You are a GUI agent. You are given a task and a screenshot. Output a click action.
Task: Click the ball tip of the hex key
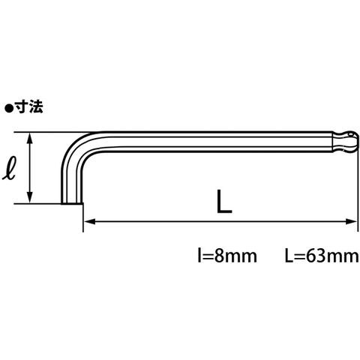347,142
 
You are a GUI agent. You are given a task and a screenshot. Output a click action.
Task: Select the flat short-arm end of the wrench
72,204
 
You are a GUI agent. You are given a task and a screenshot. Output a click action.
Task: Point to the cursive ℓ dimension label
10,169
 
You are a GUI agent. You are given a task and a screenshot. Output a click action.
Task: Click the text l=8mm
227,256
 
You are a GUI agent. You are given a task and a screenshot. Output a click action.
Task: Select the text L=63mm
322,256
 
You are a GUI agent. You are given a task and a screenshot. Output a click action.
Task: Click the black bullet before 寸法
9,109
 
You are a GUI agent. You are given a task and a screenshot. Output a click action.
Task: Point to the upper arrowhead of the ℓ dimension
30,138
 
